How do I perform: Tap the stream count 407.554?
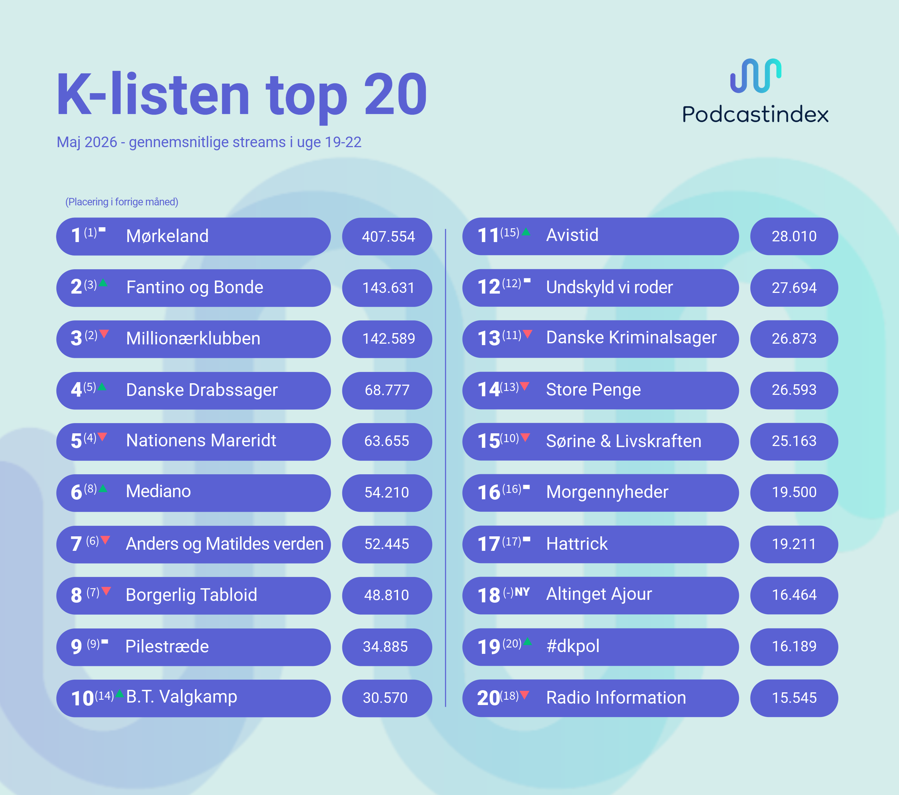(389, 237)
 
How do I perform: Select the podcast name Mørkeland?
(167, 236)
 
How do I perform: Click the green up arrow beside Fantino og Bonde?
(103, 283)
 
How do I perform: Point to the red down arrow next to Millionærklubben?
(104, 334)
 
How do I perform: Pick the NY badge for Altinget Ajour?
(522, 592)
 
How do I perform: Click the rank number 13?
(489, 338)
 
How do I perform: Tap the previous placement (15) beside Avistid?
(510, 233)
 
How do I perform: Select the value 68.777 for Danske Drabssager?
(387, 390)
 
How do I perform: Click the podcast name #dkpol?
(573, 646)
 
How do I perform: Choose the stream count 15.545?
(794, 698)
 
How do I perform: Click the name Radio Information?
(616, 697)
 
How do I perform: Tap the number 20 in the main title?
(396, 95)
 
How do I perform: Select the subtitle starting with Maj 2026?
(209, 142)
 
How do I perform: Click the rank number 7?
(76, 544)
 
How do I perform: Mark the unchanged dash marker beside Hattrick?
(527, 539)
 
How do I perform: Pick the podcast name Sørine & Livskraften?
(624, 441)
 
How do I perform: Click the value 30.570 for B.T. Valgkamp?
(385, 698)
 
